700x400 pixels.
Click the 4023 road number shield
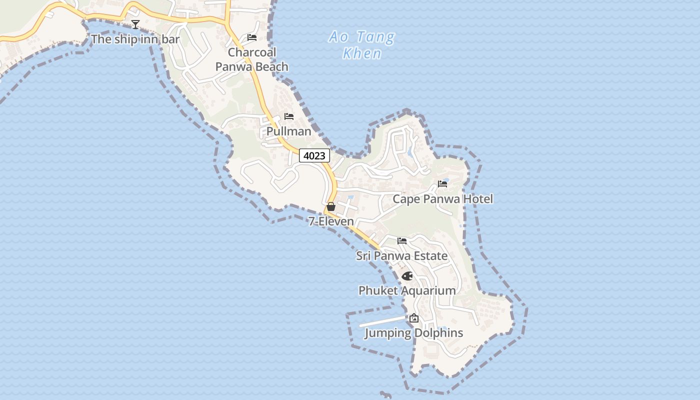[314, 155]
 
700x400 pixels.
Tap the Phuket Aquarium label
[407, 290]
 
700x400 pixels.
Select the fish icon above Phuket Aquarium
[407, 276]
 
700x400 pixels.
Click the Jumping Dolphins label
[413, 333]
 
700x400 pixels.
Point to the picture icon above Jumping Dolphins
[414, 318]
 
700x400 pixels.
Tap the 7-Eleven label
[331, 221]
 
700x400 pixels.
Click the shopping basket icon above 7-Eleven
[330, 206]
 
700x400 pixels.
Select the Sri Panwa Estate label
[401, 256]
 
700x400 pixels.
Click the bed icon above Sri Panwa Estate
[402, 241]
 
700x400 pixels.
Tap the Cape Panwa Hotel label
[442, 199]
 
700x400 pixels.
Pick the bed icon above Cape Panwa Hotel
[442, 183]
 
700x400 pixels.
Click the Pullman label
[288, 131]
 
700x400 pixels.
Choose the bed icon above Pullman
[289, 116]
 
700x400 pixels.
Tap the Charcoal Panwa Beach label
[252, 59]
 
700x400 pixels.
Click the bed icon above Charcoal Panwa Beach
[252, 37]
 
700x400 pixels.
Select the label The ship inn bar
[135, 39]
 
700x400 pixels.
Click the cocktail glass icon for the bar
[135, 24]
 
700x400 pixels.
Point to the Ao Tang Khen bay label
[362, 45]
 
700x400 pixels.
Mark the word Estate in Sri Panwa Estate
[428, 256]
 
